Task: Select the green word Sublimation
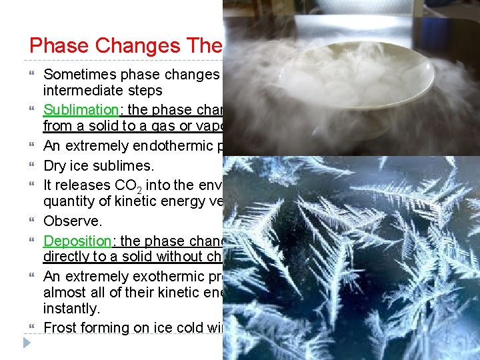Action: coord(75,109)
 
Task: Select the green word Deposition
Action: coord(73,240)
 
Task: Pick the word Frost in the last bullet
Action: coord(59,327)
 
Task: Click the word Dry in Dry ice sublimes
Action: coord(54,165)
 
